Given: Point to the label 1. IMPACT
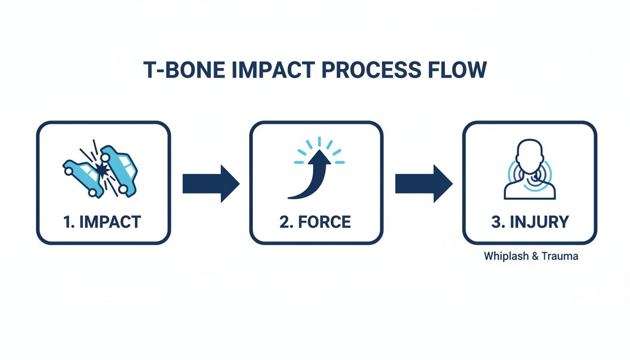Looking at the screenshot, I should click(102, 222).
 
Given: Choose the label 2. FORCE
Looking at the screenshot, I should click(315, 222).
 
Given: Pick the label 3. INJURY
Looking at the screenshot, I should click(530, 222).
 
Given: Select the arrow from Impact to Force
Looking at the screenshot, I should click(210, 183).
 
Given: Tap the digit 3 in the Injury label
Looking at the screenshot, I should click(496, 222).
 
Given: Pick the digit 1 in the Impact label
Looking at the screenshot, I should click(66, 222).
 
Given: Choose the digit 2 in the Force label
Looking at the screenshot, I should click(284, 222).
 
